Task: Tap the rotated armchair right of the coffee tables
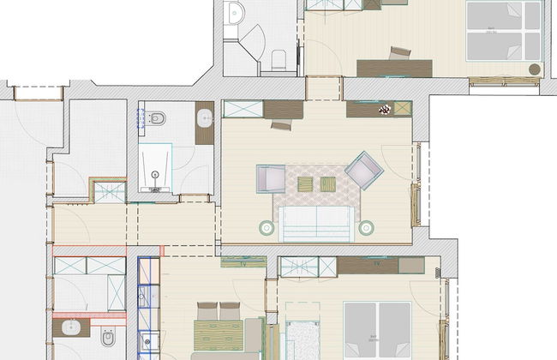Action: (x=362, y=171)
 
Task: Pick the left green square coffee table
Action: (x=306, y=182)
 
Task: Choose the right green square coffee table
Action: (x=327, y=182)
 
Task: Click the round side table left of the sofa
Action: (x=266, y=228)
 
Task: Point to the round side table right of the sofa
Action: (x=366, y=227)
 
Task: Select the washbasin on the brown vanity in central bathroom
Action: (x=205, y=117)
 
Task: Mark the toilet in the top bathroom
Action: (x=278, y=58)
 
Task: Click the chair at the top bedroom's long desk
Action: (x=398, y=53)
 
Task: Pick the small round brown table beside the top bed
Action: (x=534, y=69)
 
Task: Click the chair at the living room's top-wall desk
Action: (x=279, y=124)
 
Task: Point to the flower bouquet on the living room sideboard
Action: (x=385, y=109)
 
